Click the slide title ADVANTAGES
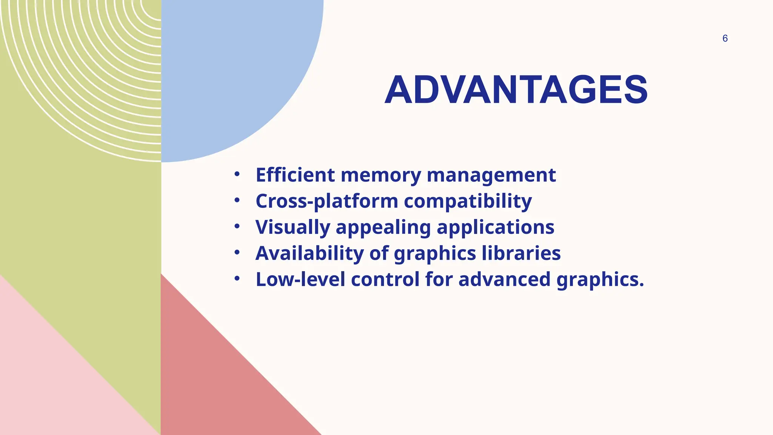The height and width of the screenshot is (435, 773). tap(516, 90)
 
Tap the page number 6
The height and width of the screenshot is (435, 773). tap(725, 39)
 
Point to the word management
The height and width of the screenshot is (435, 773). tap(491, 176)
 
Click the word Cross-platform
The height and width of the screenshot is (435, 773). tap(326, 201)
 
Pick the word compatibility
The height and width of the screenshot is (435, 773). tap(468, 201)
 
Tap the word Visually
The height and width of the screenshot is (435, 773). tap(293, 227)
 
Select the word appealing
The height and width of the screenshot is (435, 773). tap(383, 228)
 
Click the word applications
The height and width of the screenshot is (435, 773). tap(495, 228)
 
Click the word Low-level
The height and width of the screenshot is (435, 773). tap(300, 279)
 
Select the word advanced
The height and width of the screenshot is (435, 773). tap(504, 279)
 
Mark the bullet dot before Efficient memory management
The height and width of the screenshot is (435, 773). tap(237, 174)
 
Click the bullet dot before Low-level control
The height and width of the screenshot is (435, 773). tap(237, 279)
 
